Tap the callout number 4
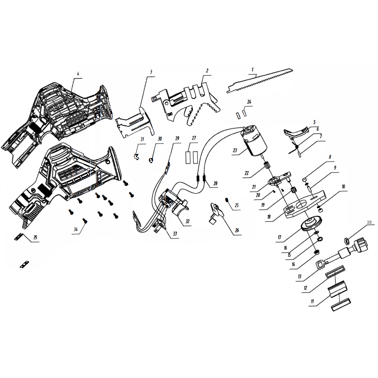tap(78, 74)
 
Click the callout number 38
tap(369, 222)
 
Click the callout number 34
tap(76, 229)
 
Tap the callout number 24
tap(249, 102)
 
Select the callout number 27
tap(194, 138)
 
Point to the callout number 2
tap(207, 71)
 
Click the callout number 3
tap(151, 72)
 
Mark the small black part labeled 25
tap(227, 200)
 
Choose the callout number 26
tap(237, 230)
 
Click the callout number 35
tap(35, 237)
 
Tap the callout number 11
tap(312, 301)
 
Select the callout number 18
tap(269, 217)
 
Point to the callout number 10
tap(343, 187)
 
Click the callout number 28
tap(216, 183)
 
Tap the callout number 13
tap(300, 276)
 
